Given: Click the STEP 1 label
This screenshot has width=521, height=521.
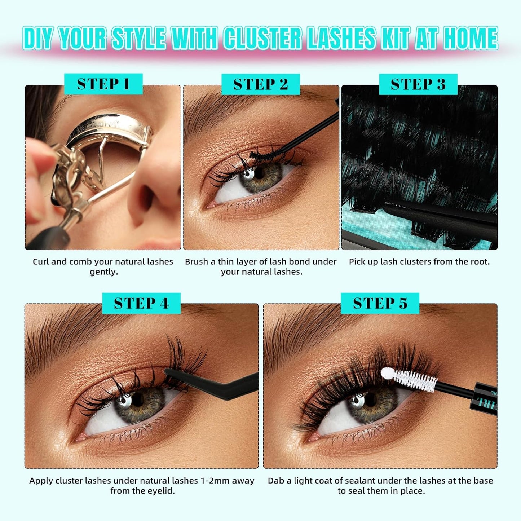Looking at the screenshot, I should pyautogui.click(x=103, y=84).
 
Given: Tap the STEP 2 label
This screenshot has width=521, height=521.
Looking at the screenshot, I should pyautogui.click(x=260, y=84).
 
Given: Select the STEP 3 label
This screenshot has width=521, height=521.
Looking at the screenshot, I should pyautogui.click(x=418, y=84).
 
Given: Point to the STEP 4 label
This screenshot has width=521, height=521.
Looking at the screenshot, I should pyautogui.click(x=141, y=303).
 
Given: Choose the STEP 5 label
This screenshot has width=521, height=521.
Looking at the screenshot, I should pyautogui.click(x=380, y=303).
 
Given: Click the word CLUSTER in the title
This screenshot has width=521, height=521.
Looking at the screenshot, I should pyautogui.click(x=262, y=38).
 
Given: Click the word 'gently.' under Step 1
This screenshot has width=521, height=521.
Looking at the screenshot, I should pyautogui.click(x=104, y=272).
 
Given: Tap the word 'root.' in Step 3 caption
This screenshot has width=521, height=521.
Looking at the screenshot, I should pyautogui.click(x=480, y=262).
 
